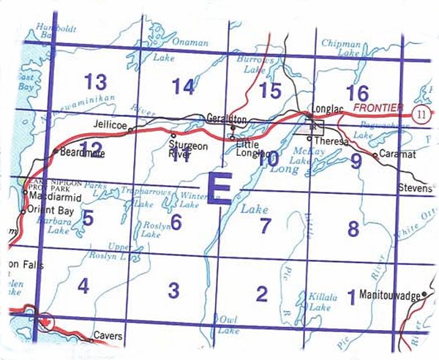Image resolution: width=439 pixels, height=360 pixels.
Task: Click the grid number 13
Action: [96, 80]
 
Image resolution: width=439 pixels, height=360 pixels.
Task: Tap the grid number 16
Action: [358, 93]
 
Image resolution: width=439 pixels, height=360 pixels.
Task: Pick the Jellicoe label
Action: [112, 126]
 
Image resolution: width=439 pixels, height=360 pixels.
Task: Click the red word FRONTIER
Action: [378, 108]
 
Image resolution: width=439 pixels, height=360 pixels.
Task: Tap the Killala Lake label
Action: [322, 304]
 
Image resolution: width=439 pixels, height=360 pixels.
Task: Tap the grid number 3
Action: [173, 290]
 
